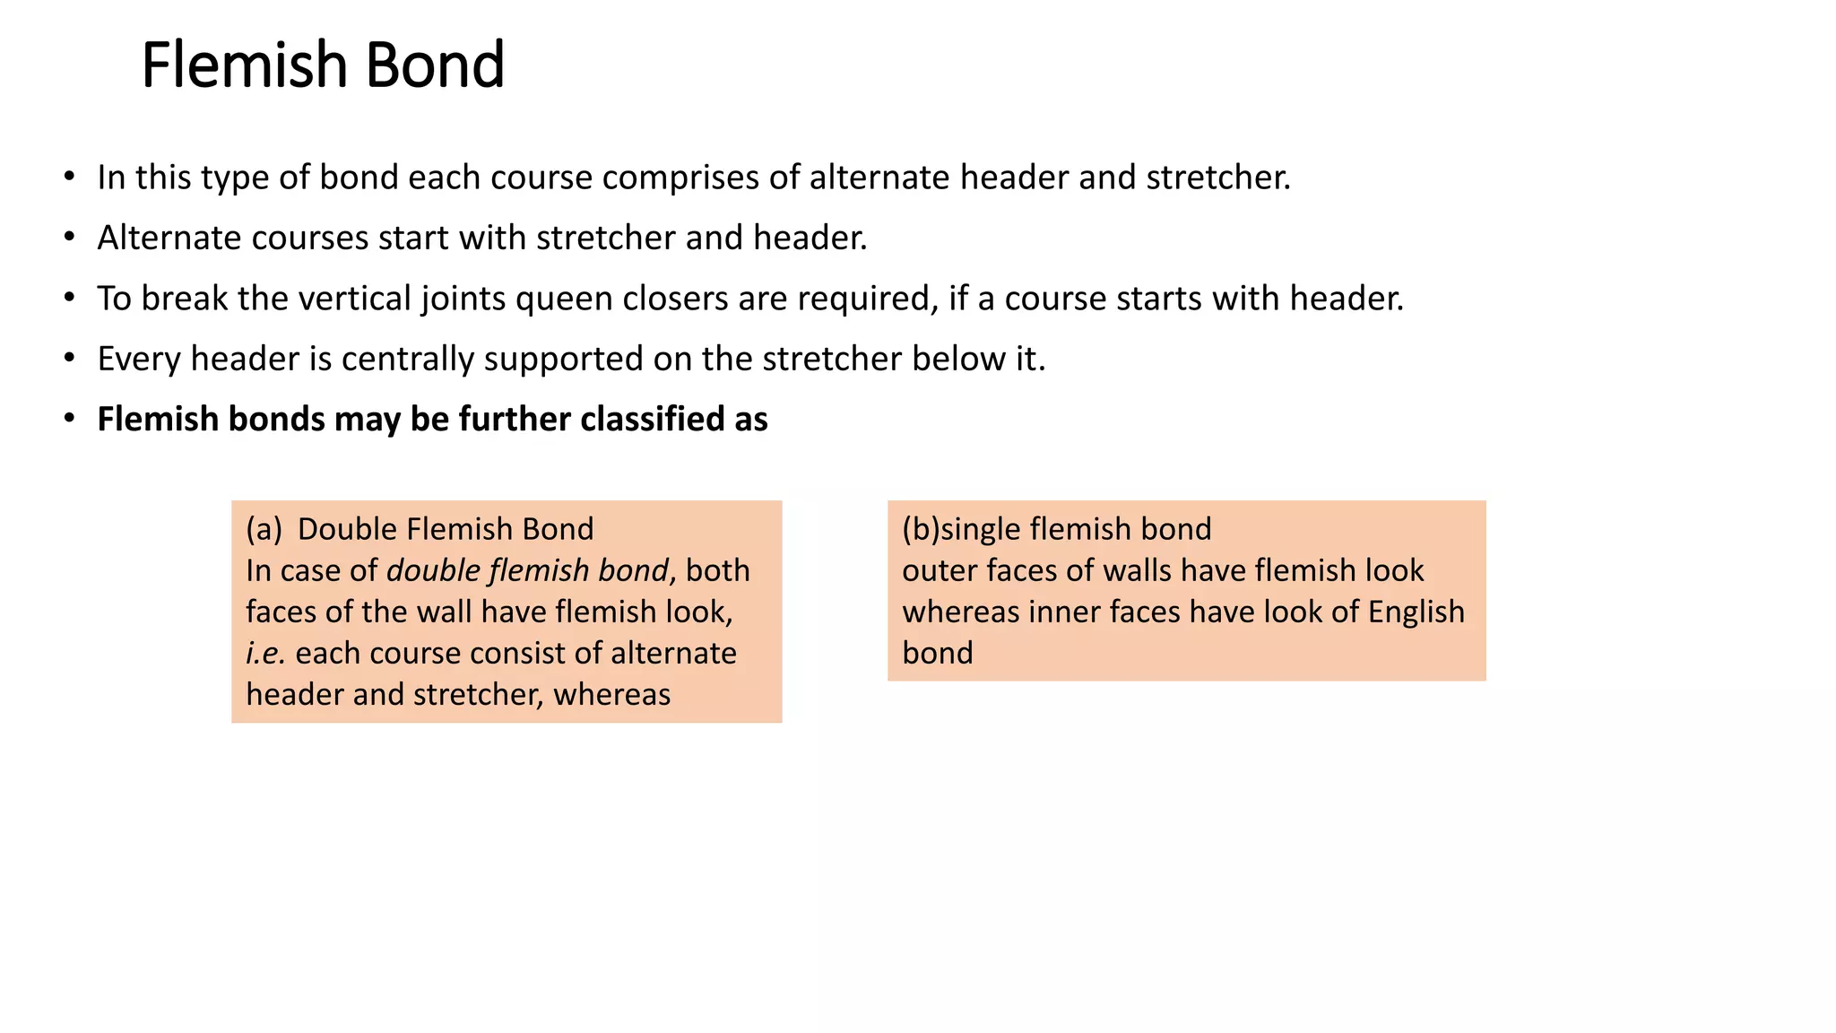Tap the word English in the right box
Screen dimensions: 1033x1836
point(1416,612)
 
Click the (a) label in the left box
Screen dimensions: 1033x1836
point(264,529)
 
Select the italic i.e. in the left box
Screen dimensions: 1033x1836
point(265,653)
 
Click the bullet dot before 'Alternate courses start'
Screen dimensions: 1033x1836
point(69,238)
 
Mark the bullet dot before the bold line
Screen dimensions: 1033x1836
point(69,419)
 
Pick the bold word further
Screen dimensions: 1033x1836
point(515,419)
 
